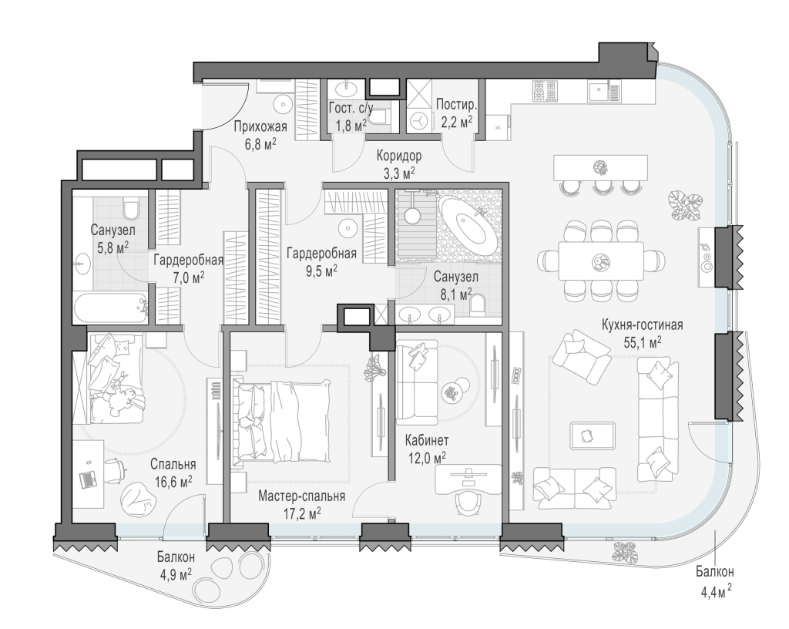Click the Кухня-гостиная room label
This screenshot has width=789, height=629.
pos(642,325)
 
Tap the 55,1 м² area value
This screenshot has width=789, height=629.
pos(643,343)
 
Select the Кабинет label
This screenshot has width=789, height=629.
pos(427,441)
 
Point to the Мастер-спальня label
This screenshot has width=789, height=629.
pos(302,496)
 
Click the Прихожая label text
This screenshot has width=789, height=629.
pos(260,126)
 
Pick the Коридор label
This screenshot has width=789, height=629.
pos(399,156)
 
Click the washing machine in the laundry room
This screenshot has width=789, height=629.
pos(418,120)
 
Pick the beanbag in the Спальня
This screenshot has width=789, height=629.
pos(137,499)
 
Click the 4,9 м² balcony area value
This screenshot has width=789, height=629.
pos(175,573)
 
